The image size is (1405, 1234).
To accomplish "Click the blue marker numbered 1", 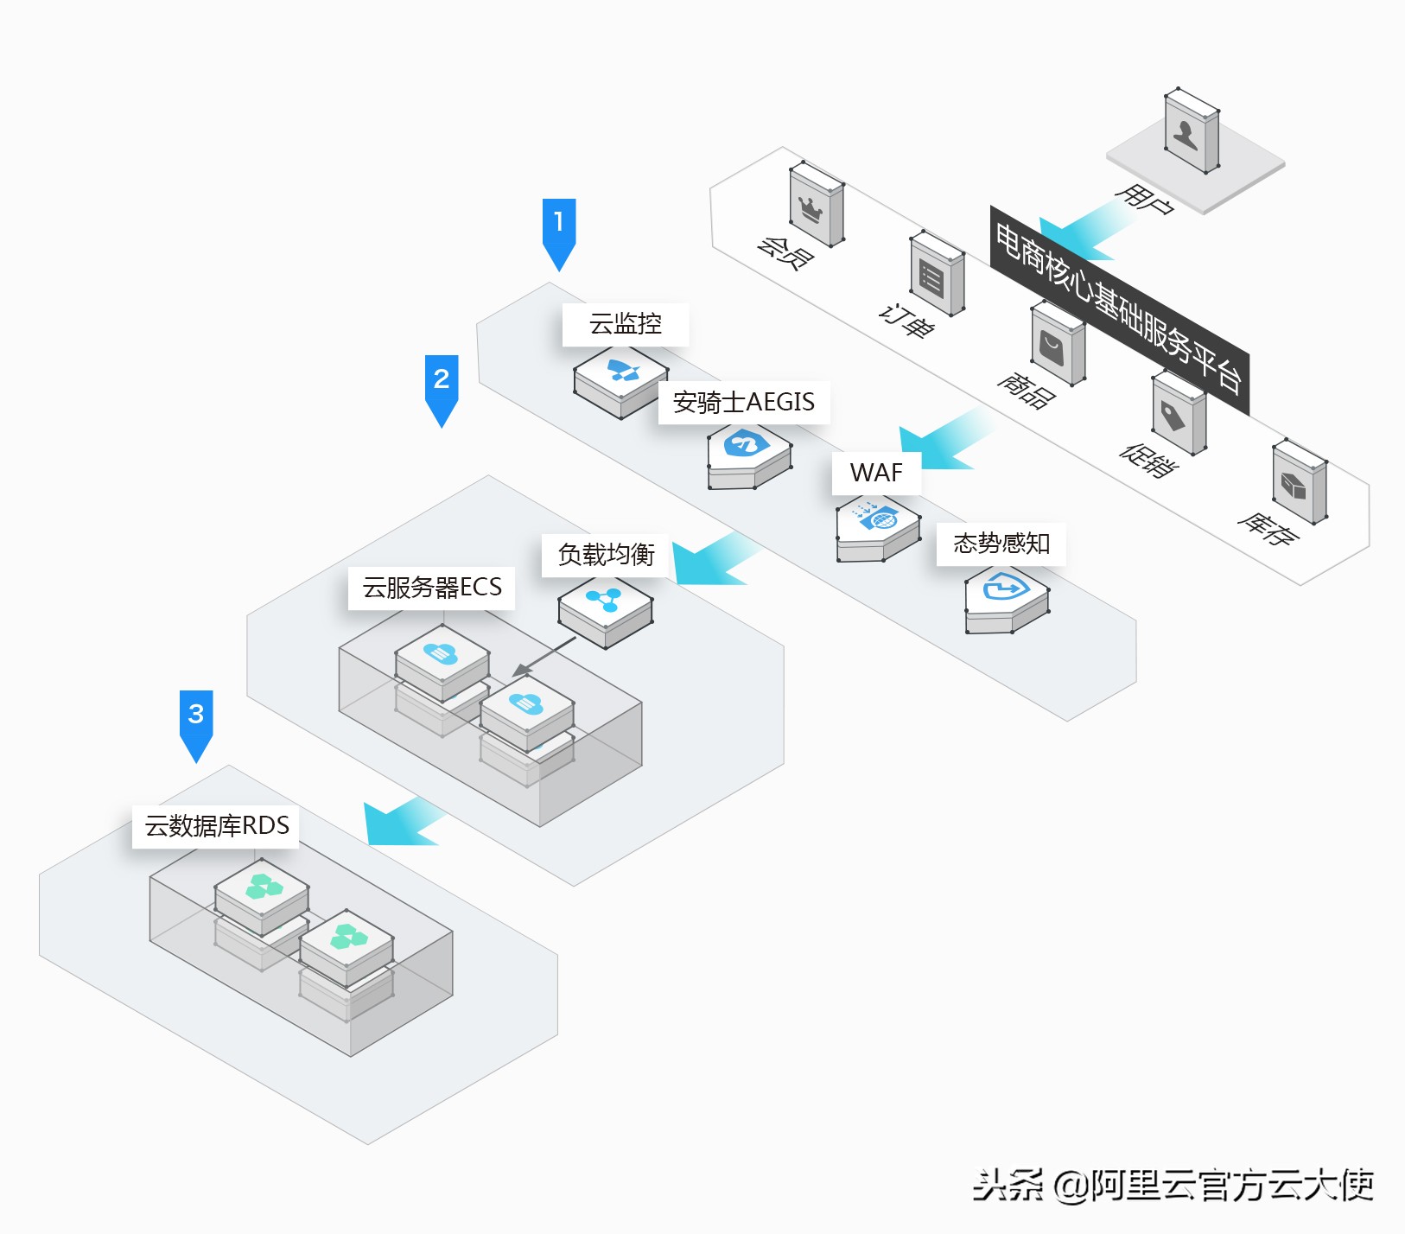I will click(x=558, y=229).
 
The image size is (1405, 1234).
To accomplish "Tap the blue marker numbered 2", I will click(x=441, y=385).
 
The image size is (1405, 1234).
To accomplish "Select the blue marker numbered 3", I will click(x=196, y=720).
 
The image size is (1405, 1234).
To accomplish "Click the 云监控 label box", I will click(x=625, y=324).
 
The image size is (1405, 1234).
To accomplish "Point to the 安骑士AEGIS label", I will click(x=743, y=402).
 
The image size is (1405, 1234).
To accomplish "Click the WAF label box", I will click(x=876, y=473).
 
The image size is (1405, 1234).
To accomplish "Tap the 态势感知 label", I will click(x=1001, y=544).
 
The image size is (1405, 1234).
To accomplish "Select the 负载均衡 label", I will click(x=606, y=555).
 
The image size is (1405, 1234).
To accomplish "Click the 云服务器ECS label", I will click(x=431, y=588).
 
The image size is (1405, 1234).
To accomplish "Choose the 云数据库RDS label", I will click(x=216, y=826).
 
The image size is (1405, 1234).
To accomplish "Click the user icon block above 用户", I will click(x=1191, y=131).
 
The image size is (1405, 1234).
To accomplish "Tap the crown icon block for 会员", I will click(x=816, y=205).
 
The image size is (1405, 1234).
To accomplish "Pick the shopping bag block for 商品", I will click(x=1058, y=345).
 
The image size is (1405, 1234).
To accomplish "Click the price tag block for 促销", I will click(x=1178, y=413).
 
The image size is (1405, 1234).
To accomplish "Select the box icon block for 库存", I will click(x=1299, y=482).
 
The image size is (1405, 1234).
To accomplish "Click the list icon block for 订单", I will click(x=937, y=274).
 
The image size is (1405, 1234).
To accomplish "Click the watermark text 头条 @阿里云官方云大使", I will click(x=1172, y=1185).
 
